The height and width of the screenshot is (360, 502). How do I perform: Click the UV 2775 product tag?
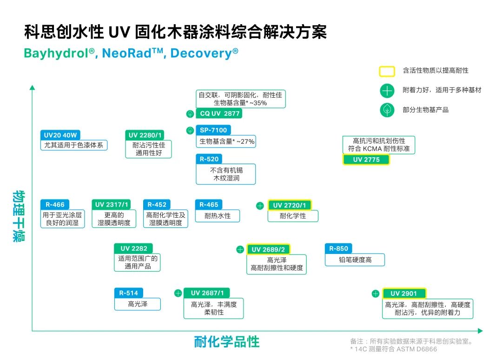[366, 160]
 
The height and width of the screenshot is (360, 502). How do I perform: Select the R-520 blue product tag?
[209, 159]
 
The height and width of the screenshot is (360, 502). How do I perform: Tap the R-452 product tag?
[157, 205]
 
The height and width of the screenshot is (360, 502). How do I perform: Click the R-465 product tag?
[209, 205]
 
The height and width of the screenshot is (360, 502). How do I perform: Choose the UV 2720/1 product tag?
[289, 205]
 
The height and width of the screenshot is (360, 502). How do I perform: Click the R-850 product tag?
[338, 248]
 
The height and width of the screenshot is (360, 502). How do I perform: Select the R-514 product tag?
[128, 293]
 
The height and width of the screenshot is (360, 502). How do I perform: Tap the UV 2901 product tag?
[404, 293]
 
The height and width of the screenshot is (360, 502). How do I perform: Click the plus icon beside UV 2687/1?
[178, 293]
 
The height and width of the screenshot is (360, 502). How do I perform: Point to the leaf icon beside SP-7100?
[190, 130]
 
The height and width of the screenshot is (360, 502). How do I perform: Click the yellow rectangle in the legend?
[387, 71]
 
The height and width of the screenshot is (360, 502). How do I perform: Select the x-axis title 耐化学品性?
[226, 342]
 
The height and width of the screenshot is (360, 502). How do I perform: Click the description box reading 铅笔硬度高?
[355, 260]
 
